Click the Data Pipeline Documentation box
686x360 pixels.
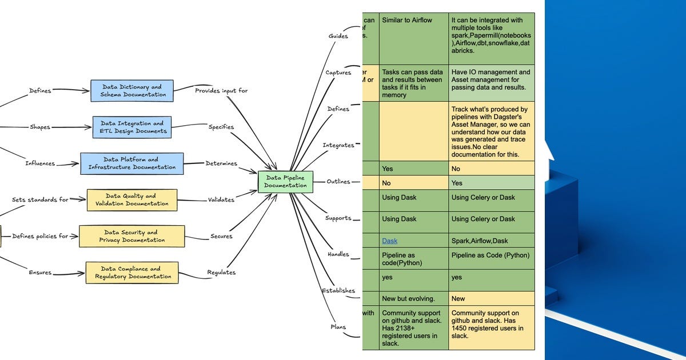pyautogui.click(x=285, y=181)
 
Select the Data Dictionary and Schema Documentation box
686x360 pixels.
pyautogui.click(x=132, y=91)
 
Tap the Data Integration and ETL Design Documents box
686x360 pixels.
pyautogui.click(x=132, y=127)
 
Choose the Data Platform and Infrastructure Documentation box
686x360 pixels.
pyautogui.click(x=132, y=163)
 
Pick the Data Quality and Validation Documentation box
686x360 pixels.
pyautogui.click(x=132, y=199)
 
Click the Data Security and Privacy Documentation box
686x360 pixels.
pyautogui.click(x=132, y=236)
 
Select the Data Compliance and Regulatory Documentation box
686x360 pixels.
pyautogui.click(x=132, y=273)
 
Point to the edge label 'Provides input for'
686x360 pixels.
pyautogui.click(x=221, y=91)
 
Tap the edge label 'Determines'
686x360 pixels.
pyautogui.click(x=221, y=163)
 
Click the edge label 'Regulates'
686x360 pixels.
pyautogui.click(x=221, y=273)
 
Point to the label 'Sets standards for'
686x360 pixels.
pyautogui.click(x=40, y=199)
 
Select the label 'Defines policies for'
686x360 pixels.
pyautogui.click(x=40, y=236)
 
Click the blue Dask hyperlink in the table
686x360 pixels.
pyautogui.click(x=389, y=241)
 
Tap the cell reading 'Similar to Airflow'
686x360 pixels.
pyautogui.click(x=407, y=20)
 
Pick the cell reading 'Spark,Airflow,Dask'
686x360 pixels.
pyautogui.click(x=483, y=241)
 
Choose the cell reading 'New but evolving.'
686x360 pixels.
pyautogui.click(x=408, y=298)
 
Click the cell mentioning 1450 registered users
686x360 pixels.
pyautogui.click(x=490, y=324)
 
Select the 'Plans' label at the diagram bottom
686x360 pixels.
pyautogui.click(x=338, y=327)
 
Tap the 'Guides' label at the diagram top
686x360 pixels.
pyautogui.click(x=338, y=36)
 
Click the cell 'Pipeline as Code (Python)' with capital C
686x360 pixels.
pyautogui.click(x=490, y=255)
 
